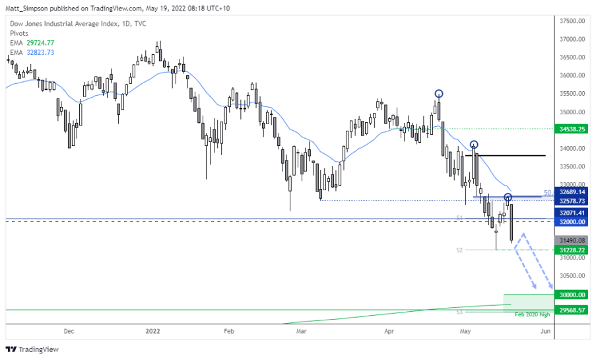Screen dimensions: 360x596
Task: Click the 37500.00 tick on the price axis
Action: click(572, 20)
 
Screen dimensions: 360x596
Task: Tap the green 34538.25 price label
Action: click(572, 129)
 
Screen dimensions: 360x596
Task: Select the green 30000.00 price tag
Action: click(572, 295)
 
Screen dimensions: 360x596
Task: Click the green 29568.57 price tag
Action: click(572, 310)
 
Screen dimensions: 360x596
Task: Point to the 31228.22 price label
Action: click(572, 250)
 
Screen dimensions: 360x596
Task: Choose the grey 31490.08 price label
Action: click(572, 240)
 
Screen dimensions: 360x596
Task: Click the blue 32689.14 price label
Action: click(572, 192)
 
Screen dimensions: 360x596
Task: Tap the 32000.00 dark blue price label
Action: click(572, 222)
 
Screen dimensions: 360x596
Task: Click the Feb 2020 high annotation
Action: click(532, 315)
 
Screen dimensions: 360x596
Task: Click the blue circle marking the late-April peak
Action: click(439, 94)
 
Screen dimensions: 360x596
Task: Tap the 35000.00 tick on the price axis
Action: click(572, 112)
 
